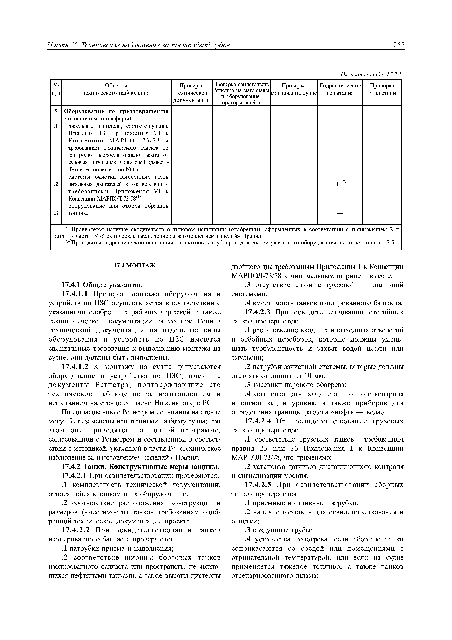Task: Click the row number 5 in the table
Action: (x=56, y=111)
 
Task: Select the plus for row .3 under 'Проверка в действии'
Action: (x=382, y=213)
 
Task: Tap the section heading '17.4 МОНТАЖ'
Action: (x=135, y=266)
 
